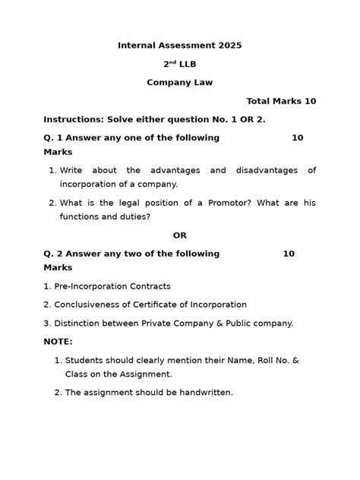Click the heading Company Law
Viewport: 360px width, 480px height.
click(180, 82)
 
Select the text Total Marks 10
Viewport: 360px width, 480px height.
click(281, 101)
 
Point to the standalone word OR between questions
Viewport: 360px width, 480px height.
click(179, 235)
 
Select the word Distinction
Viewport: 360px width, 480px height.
click(77, 323)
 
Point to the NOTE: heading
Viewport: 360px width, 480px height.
click(58, 342)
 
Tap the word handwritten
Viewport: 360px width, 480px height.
click(203, 393)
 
